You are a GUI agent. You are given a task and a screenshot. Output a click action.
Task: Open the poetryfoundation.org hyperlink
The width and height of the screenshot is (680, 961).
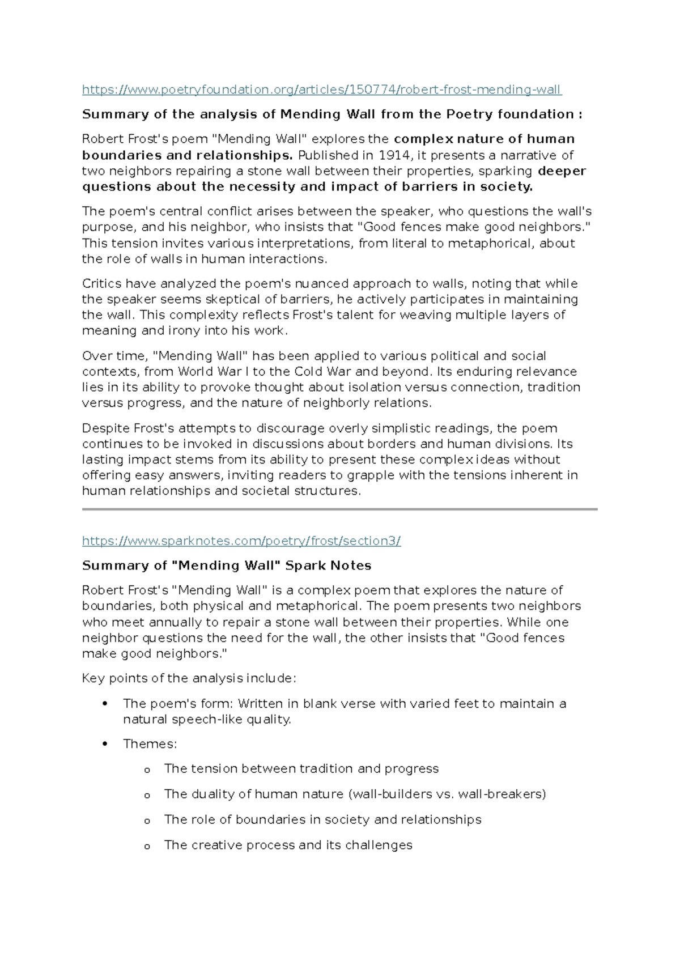click(x=321, y=90)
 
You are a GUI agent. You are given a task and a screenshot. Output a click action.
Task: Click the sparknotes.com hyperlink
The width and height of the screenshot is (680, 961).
click(x=241, y=541)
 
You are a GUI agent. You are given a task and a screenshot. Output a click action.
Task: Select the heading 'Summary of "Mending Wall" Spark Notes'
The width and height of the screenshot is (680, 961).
click(x=227, y=565)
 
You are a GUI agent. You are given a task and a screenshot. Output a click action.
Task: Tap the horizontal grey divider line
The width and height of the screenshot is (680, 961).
click(x=340, y=509)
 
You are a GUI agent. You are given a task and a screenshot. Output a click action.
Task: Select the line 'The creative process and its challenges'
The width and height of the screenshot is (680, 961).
click(x=288, y=845)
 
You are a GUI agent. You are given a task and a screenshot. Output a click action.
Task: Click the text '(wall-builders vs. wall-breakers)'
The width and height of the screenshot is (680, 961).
click(x=448, y=794)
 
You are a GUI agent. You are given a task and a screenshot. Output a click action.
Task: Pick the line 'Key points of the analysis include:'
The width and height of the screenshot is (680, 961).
click(x=189, y=678)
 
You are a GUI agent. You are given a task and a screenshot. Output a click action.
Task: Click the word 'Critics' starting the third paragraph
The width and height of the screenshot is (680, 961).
click(x=101, y=283)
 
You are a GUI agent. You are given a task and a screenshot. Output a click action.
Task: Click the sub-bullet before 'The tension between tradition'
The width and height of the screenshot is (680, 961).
click(x=147, y=770)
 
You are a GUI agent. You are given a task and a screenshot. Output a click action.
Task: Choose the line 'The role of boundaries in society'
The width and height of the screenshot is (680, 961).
click(x=322, y=819)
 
